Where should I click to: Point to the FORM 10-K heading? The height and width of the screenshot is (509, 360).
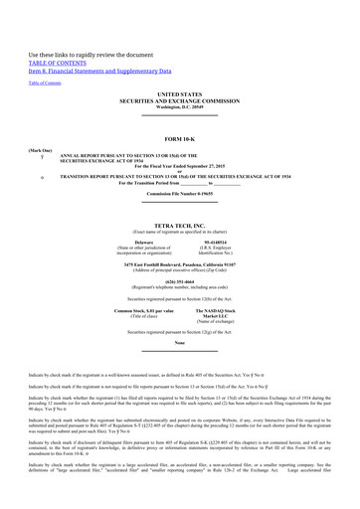point(179,137)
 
